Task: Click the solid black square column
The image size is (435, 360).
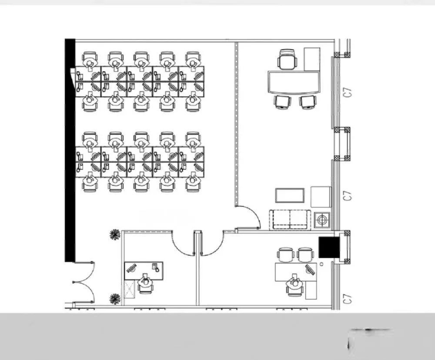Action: (329, 247)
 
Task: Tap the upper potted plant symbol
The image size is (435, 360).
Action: (114, 235)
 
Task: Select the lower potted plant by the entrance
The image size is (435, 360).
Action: (114, 299)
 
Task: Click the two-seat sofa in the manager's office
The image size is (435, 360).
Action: (290, 219)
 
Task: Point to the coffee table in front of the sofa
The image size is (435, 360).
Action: (290, 195)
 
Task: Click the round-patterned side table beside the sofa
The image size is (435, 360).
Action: (322, 220)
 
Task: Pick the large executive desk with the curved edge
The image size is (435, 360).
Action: (294, 82)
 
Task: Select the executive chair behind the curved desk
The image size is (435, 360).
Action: (288, 59)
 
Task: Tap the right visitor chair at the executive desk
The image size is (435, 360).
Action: (308, 102)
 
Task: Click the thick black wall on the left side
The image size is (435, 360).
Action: (70, 150)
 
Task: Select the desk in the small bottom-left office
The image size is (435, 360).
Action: (144, 271)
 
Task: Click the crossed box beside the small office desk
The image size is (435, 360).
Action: (129, 289)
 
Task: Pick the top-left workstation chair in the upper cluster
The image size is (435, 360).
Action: (90, 59)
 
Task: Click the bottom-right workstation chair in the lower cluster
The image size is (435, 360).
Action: (193, 183)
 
